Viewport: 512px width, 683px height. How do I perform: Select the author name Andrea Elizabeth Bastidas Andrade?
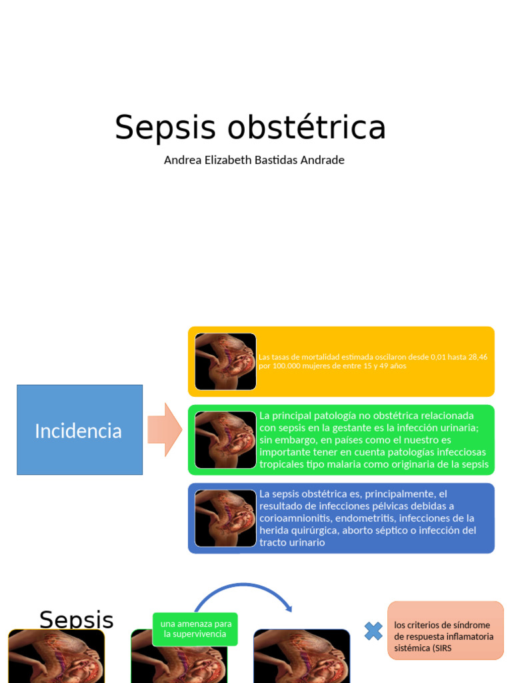[x=254, y=160]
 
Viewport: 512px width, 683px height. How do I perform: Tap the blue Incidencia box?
[x=79, y=430]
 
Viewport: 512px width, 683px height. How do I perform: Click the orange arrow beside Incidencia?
[x=164, y=430]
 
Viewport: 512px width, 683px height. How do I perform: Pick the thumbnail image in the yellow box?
[x=225, y=362]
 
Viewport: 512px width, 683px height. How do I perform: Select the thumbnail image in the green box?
[x=225, y=440]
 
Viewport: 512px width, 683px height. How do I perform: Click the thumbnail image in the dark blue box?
[x=225, y=518]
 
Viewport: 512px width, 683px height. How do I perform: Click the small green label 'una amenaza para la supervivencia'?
[x=195, y=629]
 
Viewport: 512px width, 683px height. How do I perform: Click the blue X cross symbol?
[x=373, y=631]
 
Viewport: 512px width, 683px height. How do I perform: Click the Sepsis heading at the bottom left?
[x=76, y=620]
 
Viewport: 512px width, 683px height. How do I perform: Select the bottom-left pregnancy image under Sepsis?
[x=56, y=656]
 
